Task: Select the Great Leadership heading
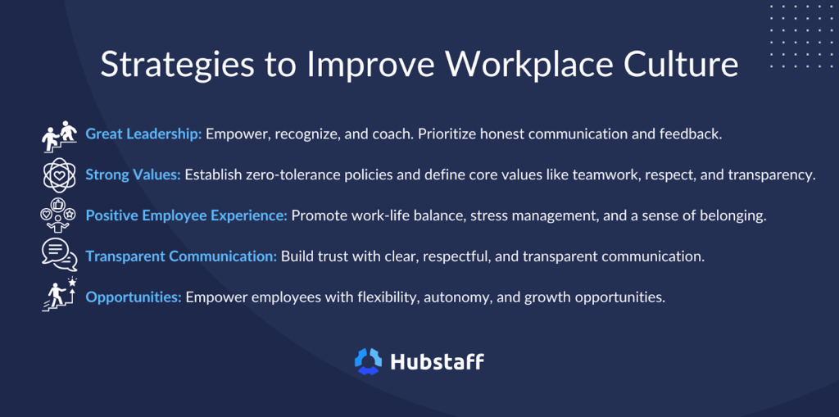(143, 134)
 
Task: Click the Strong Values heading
(133, 175)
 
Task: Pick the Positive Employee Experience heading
(186, 215)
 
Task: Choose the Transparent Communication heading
(181, 256)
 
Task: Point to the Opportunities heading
(134, 297)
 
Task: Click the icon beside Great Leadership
(59, 136)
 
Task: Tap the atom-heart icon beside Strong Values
(59, 175)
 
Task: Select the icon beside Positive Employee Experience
(59, 216)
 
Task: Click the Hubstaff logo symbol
(368, 361)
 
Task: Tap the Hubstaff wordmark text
(437, 361)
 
